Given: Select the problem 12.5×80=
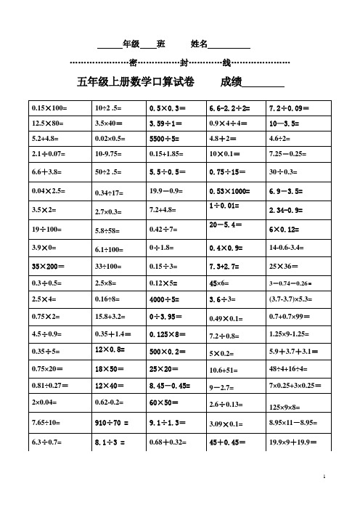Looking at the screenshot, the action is point(48,123).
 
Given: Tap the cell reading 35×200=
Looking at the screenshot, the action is point(49,266).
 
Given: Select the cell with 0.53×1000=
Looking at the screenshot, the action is point(230,191).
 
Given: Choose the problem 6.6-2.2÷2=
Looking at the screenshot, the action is point(230,108).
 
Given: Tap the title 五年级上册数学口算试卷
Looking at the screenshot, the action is point(135,83).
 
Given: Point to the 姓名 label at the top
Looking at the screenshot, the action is point(199,44).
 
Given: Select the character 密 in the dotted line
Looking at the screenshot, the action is point(133,62).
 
